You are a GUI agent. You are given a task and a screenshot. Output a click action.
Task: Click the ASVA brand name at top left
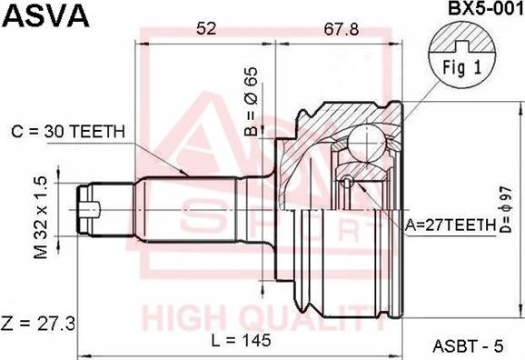pos(46,15)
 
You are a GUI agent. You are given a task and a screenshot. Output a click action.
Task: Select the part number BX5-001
pos(486,8)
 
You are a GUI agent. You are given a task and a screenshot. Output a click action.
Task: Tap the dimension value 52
pos(206,28)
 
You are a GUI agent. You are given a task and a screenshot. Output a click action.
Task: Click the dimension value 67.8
pos(342,29)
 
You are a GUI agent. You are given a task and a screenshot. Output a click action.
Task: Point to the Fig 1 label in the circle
pos(462,67)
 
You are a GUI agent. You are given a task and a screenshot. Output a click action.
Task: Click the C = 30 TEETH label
pos(68,132)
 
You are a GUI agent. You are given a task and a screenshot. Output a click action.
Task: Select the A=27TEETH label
pos(450,225)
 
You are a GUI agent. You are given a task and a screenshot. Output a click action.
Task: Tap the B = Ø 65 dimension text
pos(251,101)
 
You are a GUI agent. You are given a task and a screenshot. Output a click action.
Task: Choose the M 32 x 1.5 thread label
pos(41,218)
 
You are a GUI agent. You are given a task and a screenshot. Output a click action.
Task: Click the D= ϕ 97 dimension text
pos(506,209)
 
